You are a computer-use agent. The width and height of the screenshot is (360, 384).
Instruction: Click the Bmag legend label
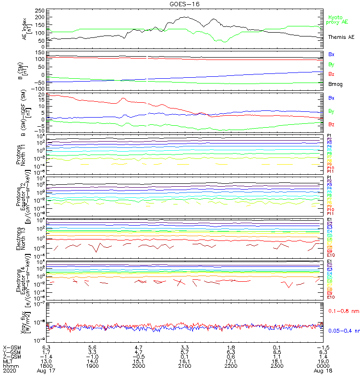pos(335,84)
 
